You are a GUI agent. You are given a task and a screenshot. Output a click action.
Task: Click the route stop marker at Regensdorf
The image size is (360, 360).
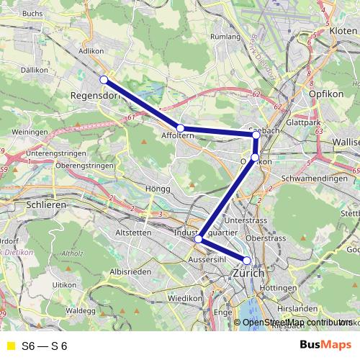(104, 79)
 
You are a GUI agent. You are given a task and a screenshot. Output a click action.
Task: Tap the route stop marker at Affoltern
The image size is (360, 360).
(181, 128)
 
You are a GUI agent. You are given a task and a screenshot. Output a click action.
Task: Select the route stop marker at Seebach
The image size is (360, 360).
(256, 135)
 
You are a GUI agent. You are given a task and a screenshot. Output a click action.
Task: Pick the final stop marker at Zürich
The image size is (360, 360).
(247, 261)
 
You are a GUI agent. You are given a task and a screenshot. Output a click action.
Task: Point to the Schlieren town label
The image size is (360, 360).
(46, 204)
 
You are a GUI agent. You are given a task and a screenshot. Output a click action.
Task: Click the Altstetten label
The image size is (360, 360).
(134, 233)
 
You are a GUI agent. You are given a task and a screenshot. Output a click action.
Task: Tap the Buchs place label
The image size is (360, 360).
(33, 13)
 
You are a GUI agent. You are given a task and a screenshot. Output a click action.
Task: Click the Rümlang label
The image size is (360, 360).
(224, 36)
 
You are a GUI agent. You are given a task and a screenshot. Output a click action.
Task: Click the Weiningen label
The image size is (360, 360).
(30, 133)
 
